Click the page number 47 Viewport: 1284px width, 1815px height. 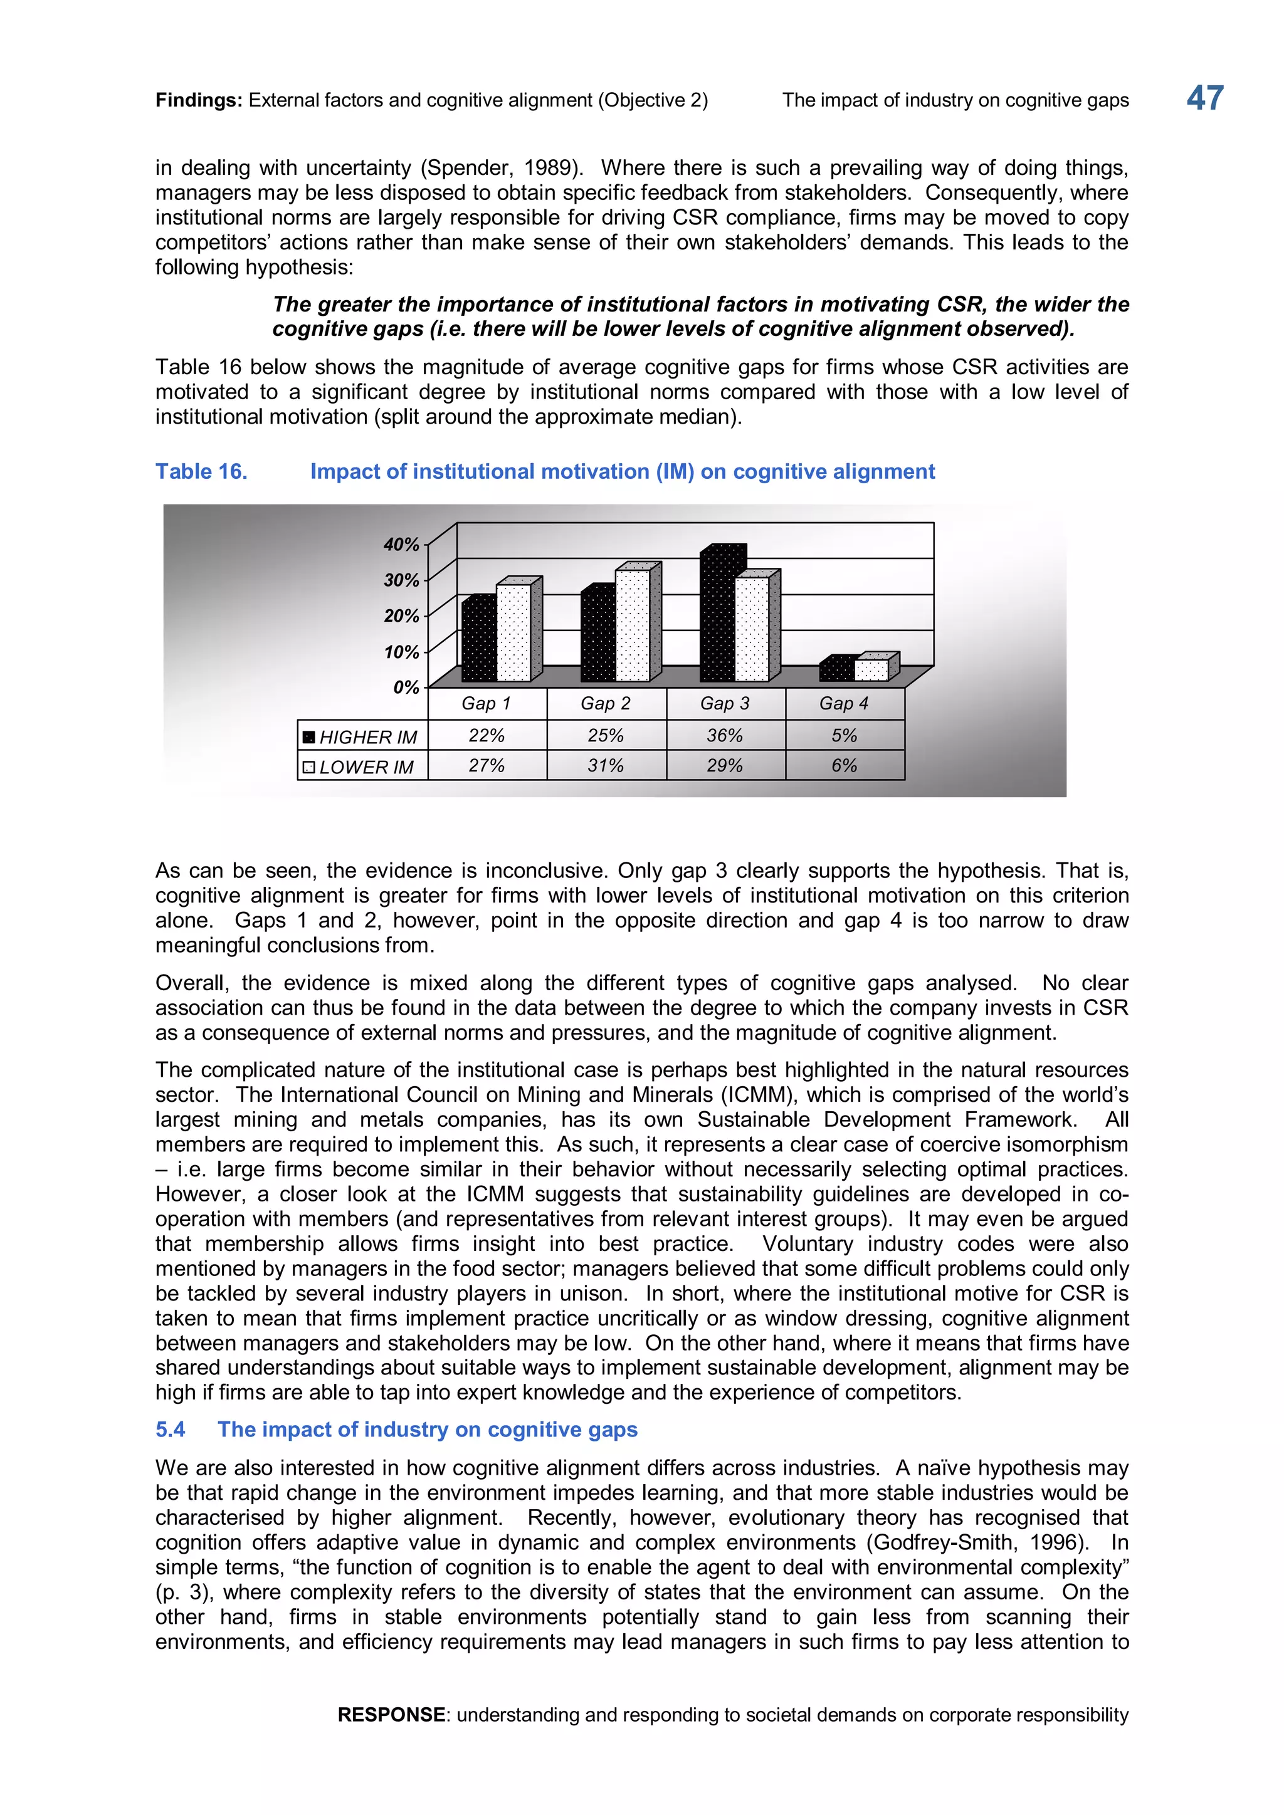1204,99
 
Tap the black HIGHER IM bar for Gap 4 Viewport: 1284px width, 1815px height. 836,671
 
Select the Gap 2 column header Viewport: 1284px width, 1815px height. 606,704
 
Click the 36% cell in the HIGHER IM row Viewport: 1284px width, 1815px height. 725,735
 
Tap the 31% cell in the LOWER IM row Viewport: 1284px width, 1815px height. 606,765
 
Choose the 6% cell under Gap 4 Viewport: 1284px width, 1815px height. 845,765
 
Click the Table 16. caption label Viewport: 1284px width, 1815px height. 201,471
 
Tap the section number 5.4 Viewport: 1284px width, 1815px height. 170,1429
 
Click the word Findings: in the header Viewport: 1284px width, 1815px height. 199,100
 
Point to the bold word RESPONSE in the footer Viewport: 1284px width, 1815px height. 391,1715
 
